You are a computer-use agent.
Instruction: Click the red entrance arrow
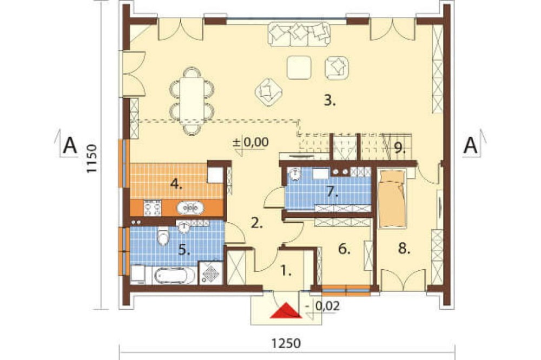click(286, 311)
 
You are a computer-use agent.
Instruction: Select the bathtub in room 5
click(174, 276)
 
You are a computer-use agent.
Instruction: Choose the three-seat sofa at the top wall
click(299, 34)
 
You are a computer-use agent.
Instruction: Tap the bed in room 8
click(392, 198)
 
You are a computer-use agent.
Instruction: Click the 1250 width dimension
click(286, 343)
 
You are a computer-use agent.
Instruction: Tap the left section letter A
click(70, 145)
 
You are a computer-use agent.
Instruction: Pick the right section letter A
click(471, 145)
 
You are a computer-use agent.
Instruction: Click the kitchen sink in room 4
click(190, 208)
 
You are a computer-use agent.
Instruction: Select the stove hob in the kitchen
click(152, 208)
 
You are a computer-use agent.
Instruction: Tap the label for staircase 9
click(399, 148)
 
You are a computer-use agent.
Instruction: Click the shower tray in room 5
click(210, 272)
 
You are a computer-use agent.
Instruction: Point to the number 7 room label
click(332, 192)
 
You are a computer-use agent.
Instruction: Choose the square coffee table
click(299, 68)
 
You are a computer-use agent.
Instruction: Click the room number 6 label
click(344, 249)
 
